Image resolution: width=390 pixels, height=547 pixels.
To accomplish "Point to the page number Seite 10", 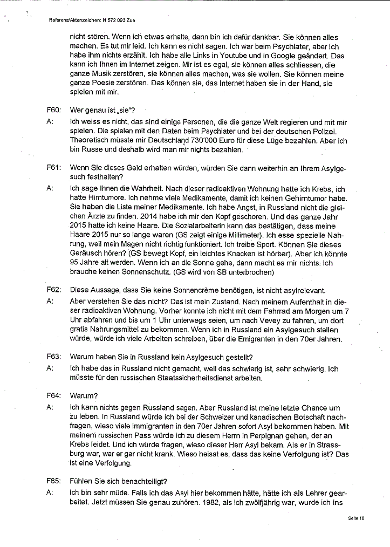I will tap(356, 518).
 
